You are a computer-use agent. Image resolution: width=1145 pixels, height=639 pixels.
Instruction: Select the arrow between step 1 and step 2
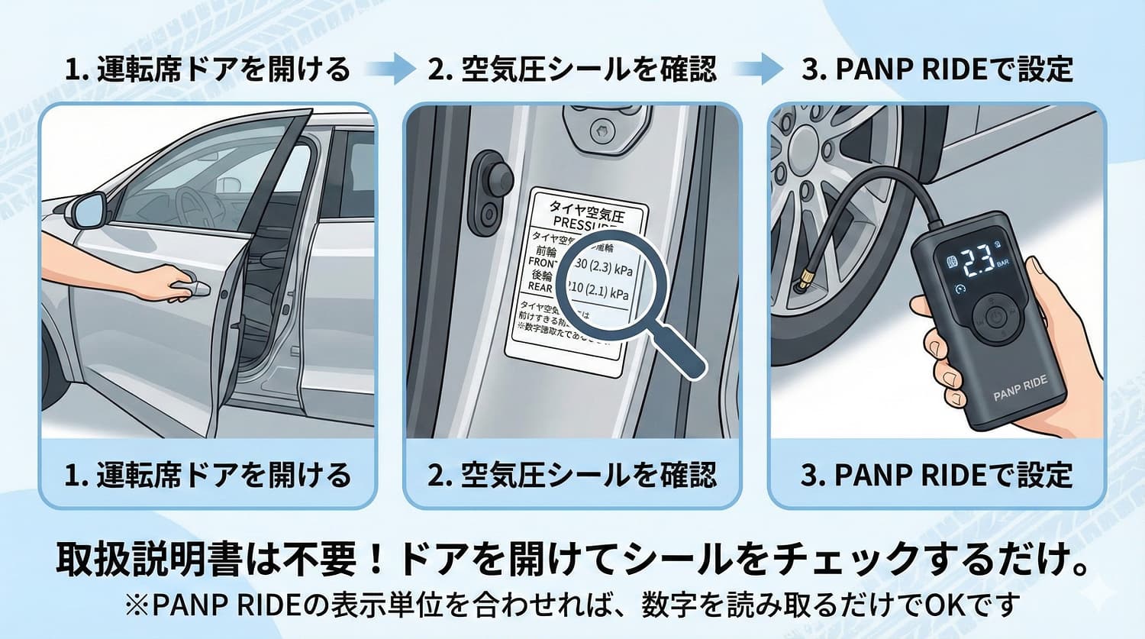pos(389,69)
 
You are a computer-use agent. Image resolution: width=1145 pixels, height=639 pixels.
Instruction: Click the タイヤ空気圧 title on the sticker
pos(587,207)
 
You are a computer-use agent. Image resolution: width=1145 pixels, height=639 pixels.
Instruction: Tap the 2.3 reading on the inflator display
pos(979,262)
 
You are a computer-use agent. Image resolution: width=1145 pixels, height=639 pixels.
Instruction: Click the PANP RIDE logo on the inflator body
pos(1020,388)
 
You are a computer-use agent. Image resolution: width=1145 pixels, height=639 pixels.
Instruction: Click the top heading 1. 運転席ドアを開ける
pos(208,69)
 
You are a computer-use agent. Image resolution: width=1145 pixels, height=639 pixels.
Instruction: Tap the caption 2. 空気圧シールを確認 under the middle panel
pos(572,475)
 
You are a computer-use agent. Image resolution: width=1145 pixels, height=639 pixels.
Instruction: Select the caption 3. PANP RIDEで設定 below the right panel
pos(937,475)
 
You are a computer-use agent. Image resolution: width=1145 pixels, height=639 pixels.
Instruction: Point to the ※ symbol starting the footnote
pos(137,605)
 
